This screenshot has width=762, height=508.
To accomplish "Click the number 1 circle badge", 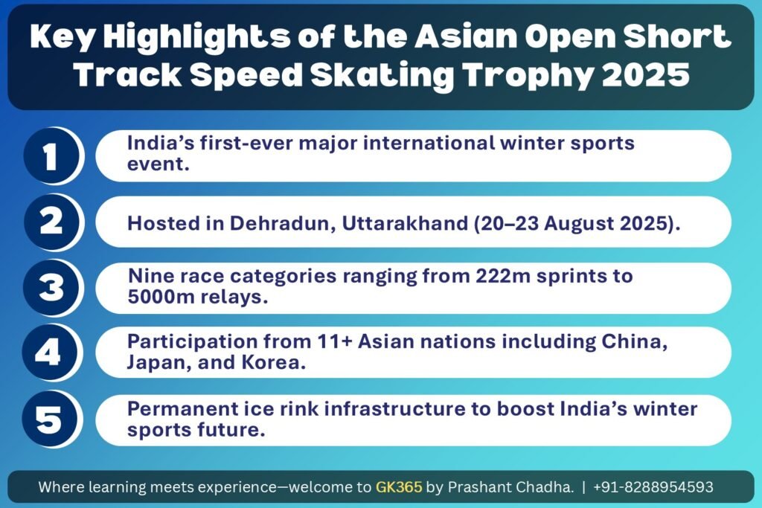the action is click(x=51, y=156).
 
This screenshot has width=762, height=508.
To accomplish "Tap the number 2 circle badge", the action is click(x=51, y=222).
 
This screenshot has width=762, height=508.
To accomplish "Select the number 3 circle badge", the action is click(x=51, y=288).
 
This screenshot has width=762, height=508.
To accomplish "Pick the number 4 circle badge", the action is click(x=51, y=353).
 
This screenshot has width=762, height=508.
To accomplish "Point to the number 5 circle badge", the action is click(x=51, y=419).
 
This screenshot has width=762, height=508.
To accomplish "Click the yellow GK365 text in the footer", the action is click(x=399, y=486).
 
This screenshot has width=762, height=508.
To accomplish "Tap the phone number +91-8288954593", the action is click(x=653, y=486).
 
